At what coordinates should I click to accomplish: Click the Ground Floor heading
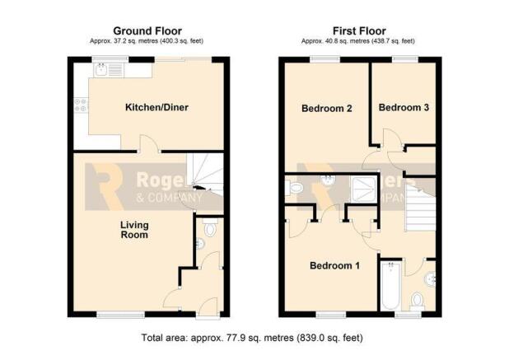pos(147,31)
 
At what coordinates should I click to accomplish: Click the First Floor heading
pos(359,31)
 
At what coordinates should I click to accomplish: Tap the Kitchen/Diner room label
pos(156,107)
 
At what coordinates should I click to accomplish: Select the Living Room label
pos(134,230)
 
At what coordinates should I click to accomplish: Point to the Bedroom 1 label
pos(334,266)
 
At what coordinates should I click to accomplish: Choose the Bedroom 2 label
pos(327,109)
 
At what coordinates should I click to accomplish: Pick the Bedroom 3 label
pos(404,107)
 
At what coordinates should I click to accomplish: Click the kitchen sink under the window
pos(108,69)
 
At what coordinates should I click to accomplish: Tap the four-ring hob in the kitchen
pos(81,105)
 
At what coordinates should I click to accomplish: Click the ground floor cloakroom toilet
pos(210,228)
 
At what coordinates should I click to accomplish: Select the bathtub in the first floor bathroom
pos(391,286)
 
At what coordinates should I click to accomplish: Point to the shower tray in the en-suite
pos(364,189)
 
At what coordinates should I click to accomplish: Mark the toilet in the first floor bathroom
pos(417,302)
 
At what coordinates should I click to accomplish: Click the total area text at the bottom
pos(252,338)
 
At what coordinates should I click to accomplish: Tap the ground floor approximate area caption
pos(147,41)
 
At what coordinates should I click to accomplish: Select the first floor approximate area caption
pos(358,41)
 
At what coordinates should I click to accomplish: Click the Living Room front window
pos(121,314)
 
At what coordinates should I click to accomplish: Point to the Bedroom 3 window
pos(404,59)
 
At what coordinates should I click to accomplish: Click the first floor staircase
pos(420,205)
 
